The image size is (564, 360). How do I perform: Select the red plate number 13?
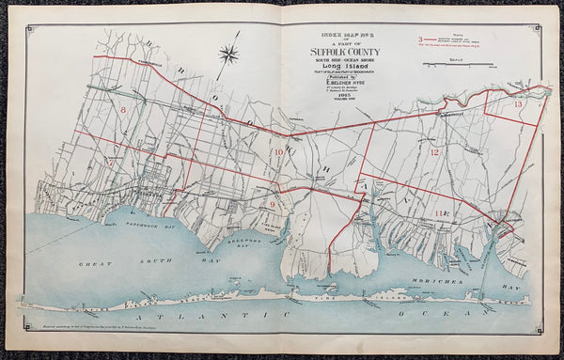(518, 104)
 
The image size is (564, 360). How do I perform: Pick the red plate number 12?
(434, 151)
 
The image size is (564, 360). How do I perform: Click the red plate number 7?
(112, 161)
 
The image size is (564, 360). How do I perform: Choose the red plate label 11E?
(442, 215)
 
